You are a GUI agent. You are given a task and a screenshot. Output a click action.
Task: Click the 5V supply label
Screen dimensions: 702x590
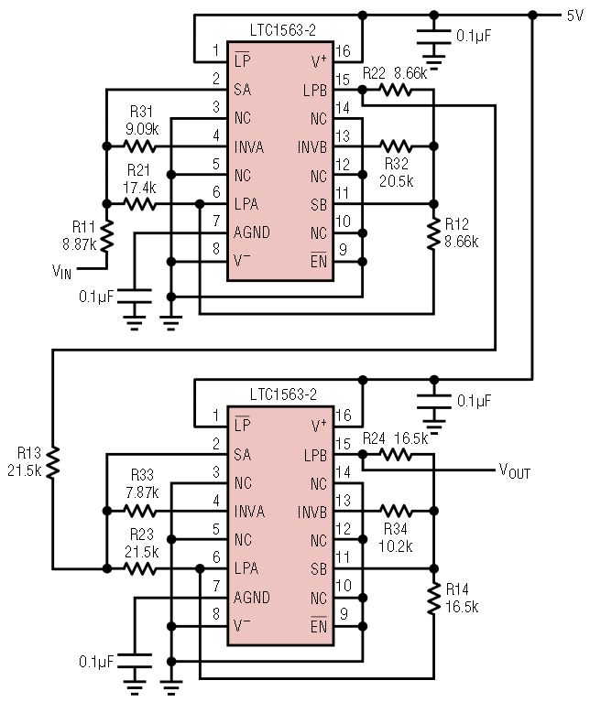(x=574, y=15)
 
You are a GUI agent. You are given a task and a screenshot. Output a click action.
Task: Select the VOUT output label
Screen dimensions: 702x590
(x=514, y=471)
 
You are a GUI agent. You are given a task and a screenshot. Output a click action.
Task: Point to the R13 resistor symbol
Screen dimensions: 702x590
(x=52, y=461)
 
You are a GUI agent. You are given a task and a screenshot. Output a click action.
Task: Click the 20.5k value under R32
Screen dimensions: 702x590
(x=396, y=180)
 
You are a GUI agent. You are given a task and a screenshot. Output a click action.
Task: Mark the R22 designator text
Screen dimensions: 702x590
(x=373, y=72)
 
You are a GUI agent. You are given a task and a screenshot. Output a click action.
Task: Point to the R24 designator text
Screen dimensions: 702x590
(x=374, y=438)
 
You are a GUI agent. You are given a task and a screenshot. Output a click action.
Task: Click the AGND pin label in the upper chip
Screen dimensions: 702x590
(x=252, y=232)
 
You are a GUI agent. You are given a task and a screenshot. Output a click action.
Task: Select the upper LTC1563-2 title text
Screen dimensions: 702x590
(x=283, y=31)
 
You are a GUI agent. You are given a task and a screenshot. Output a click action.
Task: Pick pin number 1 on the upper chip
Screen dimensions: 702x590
(x=216, y=50)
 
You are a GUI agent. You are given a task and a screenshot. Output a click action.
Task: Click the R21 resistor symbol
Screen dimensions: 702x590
(x=140, y=204)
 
